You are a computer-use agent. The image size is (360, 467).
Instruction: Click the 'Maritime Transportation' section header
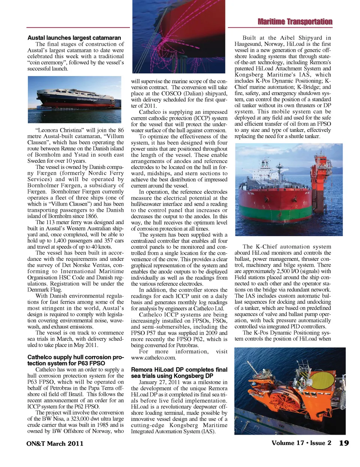point(295,22)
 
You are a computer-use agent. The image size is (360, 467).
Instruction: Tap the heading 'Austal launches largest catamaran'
point(74,38)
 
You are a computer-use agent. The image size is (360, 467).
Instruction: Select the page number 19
point(344,443)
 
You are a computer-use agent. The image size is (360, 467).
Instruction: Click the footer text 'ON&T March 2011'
point(55,443)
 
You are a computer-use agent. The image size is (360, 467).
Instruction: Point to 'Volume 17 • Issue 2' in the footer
point(301,443)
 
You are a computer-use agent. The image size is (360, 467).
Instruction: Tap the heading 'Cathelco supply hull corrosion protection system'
point(75,360)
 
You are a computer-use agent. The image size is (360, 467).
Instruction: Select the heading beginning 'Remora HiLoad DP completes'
point(179,373)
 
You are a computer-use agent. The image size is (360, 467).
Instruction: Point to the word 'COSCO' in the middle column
point(171,93)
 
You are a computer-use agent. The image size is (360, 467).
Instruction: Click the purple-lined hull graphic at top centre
point(179,36)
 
